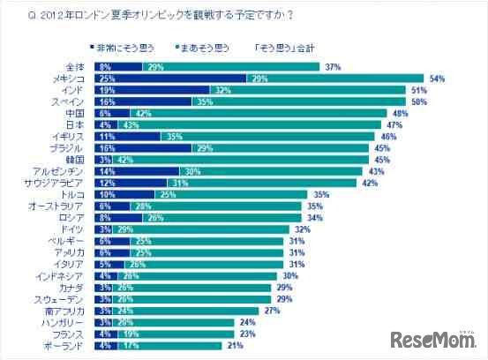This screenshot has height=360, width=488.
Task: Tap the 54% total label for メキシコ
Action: tap(435, 78)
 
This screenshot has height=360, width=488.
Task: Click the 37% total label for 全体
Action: tap(333, 66)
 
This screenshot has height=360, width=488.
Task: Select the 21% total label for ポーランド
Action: tap(235, 346)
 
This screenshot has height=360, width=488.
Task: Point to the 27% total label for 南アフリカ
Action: tap(272, 311)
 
